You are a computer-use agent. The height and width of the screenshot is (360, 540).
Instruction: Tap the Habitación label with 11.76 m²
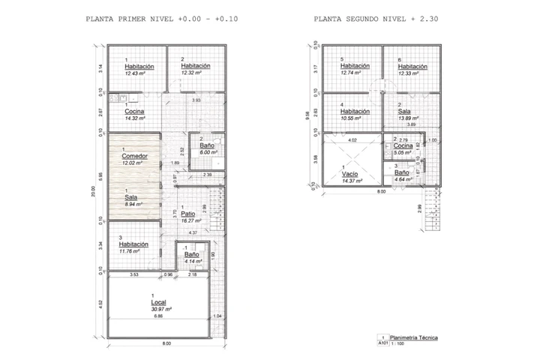coord(133,244)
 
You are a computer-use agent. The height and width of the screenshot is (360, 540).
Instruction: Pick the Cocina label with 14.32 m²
coord(135,111)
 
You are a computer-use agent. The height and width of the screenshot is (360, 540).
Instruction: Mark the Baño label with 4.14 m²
coord(191,254)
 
